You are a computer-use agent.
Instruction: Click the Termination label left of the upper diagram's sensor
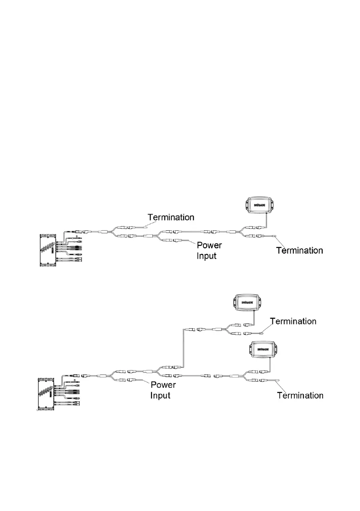click(171, 218)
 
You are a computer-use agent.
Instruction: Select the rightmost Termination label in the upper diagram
click(299, 250)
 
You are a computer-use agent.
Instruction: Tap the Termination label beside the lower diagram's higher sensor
click(293, 321)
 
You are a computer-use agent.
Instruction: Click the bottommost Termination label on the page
click(300, 395)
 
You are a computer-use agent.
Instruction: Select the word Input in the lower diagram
click(160, 395)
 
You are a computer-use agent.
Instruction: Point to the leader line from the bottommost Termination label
click(282, 385)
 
